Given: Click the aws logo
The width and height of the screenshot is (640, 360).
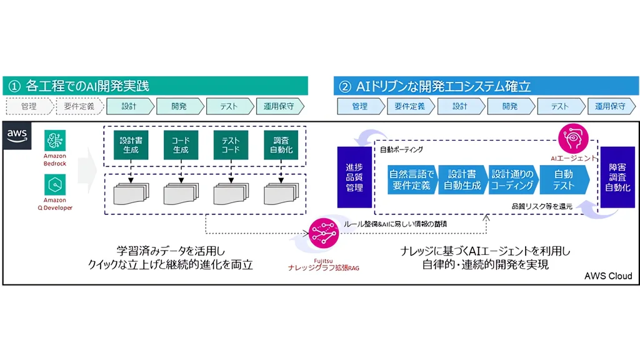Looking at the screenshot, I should tap(17, 136).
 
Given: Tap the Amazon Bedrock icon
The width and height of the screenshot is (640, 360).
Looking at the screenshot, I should tap(55, 141).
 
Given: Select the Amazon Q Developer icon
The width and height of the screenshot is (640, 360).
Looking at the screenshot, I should tap(55, 185).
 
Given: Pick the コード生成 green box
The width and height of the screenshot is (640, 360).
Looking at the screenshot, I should tap(181, 146).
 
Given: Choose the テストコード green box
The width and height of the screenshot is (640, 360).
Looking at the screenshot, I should tap(231, 146).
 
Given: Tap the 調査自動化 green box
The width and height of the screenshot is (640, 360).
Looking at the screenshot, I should tap(281, 146).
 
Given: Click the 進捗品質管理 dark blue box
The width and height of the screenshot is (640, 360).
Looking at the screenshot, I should tap(354, 177).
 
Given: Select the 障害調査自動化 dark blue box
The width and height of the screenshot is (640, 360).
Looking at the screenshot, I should tap(618, 177).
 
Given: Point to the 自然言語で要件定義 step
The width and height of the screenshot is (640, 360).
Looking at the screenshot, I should tap(412, 180).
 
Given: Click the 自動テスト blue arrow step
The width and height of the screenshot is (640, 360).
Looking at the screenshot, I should tap(564, 180).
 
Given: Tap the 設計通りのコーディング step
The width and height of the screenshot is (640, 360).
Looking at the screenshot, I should tap(512, 180).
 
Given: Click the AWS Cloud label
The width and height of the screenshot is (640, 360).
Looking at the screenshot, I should tap(607, 276).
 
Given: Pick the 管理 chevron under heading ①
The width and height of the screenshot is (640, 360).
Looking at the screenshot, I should tap(29, 106).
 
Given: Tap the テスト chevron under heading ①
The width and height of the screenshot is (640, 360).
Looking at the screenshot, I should tap(229, 106).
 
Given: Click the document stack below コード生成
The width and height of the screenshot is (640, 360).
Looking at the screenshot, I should tap(181, 194).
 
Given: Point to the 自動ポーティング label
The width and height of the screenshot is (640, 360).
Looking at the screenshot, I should tap(401, 151).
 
